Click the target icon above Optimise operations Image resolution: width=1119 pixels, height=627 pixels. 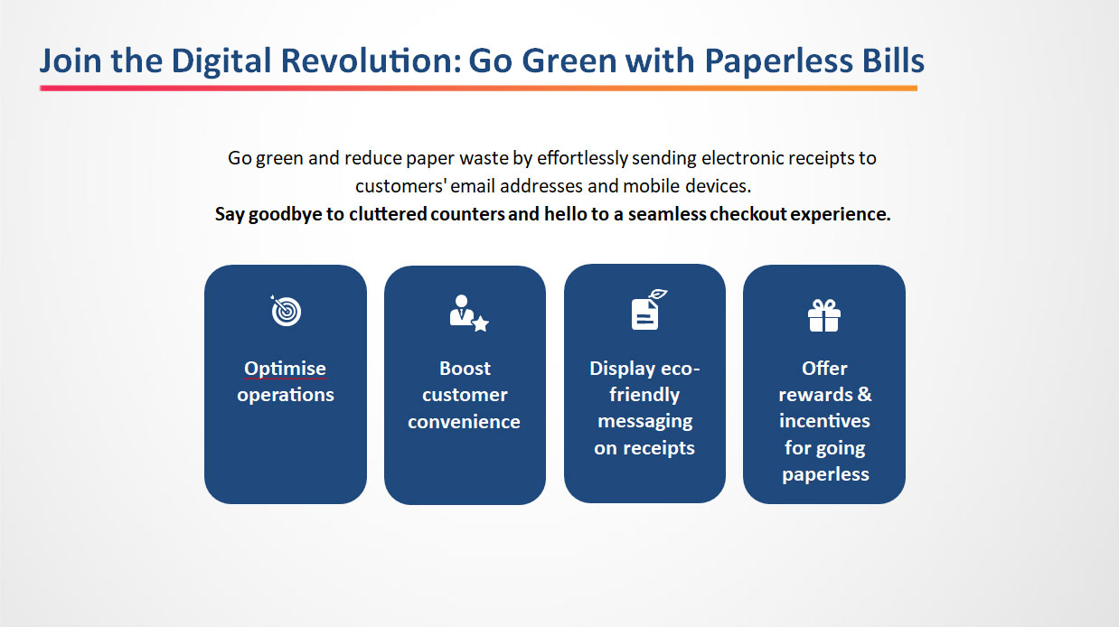click(286, 311)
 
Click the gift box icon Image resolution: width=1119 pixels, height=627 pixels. click(824, 315)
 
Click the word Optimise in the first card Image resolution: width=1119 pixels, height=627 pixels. click(285, 369)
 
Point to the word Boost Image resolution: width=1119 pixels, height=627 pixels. click(465, 369)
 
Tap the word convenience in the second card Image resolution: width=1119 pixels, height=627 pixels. click(464, 422)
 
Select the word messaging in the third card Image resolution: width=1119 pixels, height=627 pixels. click(645, 422)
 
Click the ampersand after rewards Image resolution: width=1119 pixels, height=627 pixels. click(865, 395)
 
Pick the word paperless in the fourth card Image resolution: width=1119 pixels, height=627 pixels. click(825, 474)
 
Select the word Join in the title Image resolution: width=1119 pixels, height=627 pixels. click(71, 61)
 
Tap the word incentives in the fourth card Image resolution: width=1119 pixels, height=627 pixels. click(824, 421)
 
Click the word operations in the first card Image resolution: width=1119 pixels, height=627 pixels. click(286, 395)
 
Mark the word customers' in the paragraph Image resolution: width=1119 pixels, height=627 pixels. click(400, 186)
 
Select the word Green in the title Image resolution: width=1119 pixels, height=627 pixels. click(569, 61)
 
